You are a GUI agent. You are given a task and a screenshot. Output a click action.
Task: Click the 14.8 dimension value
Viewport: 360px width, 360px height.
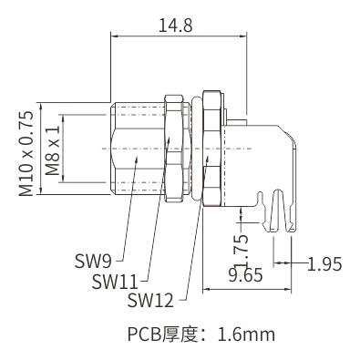pyautogui.click(x=176, y=26)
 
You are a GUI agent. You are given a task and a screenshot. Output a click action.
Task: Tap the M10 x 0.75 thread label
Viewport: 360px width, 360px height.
pyautogui.click(x=26, y=153)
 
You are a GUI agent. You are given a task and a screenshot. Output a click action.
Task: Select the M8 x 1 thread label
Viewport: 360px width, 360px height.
pyautogui.click(x=53, y=151)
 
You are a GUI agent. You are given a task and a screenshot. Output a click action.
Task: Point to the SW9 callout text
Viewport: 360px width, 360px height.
pyautogui.click(x=93, y=262)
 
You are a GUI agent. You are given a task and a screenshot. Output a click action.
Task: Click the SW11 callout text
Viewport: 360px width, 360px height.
pyautogui.click(x=115, y=282)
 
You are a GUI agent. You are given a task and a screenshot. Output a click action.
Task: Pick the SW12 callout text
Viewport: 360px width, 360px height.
pyautogui.click(x=150, y=300)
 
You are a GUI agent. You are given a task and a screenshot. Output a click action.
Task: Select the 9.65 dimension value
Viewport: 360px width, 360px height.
pyautogui.click(x=245, y=275)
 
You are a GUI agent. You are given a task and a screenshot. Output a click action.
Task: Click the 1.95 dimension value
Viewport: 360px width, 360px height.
pyautogui.click(x=324, y=263)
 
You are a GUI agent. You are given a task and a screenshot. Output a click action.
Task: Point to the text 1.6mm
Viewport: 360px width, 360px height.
pyautogui.click(x=246, y=334)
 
